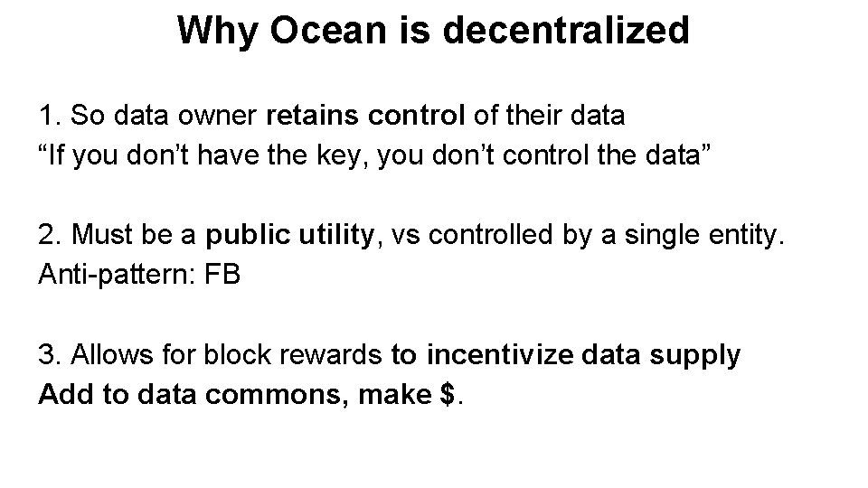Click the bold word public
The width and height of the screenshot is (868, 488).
click(241, 236)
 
